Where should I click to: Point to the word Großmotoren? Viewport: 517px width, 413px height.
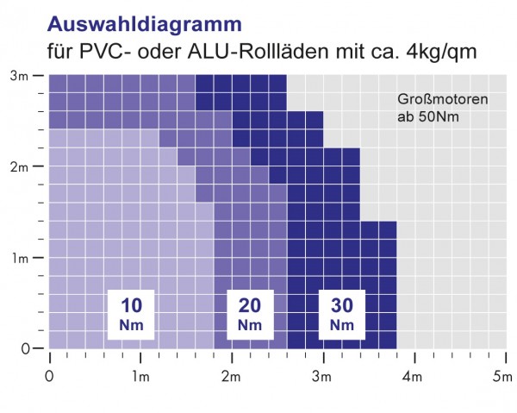443,99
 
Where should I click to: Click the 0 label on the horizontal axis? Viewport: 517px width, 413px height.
49,377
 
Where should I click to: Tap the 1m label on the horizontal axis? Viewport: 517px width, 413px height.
140,377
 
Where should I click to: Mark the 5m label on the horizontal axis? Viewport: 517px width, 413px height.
502,377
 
